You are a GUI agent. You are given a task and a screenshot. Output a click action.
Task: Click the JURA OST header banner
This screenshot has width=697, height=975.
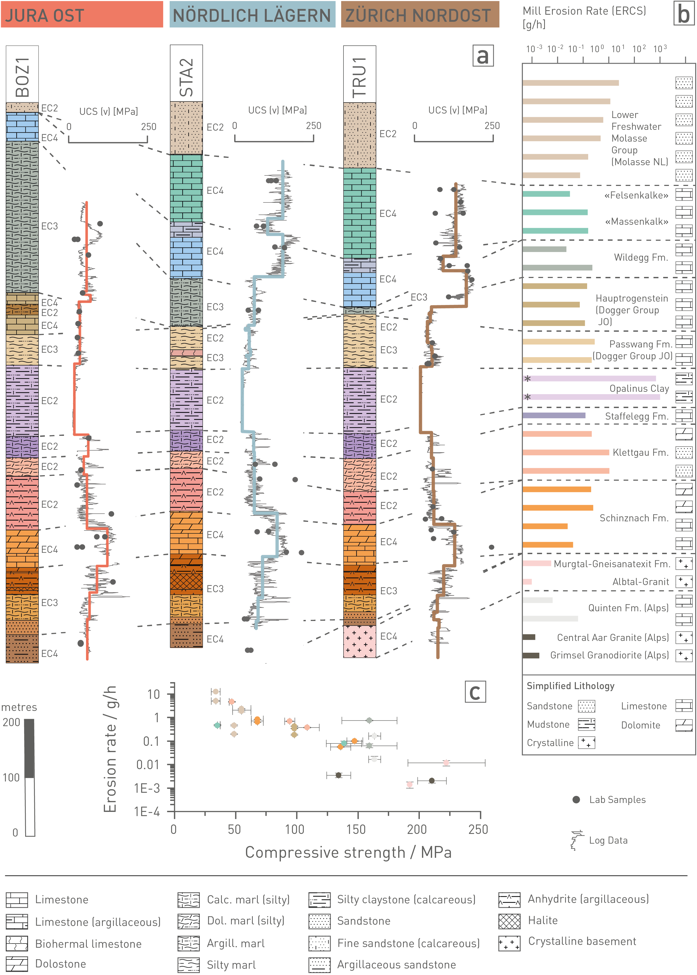point(82,15)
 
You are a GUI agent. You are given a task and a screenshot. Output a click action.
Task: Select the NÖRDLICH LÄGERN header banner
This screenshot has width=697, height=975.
point(252,15)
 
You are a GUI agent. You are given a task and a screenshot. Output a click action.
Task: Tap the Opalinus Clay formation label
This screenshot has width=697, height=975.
point(639,388)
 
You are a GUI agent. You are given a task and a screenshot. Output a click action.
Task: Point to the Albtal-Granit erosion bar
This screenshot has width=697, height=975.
point(527,581)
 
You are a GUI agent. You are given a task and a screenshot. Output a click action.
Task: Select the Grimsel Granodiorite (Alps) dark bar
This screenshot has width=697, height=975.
point(531,655)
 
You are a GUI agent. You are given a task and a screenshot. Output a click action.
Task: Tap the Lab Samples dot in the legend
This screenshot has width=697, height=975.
point(576,800)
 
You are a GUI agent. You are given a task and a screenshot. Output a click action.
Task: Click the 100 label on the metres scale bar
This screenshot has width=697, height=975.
point(11,778)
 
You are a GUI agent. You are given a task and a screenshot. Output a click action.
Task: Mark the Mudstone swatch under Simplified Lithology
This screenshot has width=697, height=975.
point(586,724)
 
